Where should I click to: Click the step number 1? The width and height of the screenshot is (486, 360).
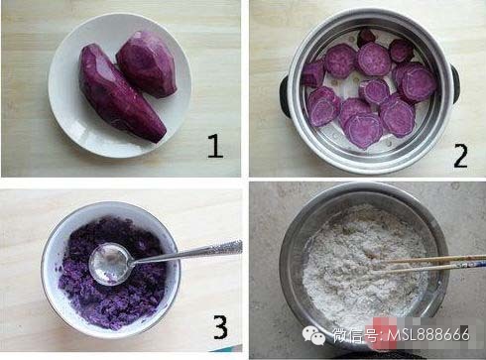[x=215, y=146]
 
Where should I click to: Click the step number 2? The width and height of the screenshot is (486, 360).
[x=460, y=156]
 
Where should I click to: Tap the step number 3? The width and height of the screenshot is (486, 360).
[x=220, y=326]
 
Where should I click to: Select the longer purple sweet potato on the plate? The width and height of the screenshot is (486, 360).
[x=121, y=92]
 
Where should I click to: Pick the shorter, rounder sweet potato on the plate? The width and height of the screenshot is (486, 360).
[x=147, y=64]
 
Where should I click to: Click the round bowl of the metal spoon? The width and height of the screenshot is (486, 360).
[x=110, y=264]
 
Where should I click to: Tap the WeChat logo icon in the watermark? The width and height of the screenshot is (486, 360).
[x=313, y=335]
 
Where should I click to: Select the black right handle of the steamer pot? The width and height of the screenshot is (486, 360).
[x=455, y=84]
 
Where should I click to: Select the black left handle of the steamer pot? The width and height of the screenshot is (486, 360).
[x=285, y=96]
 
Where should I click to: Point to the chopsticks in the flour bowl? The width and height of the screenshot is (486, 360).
[x=429, y=265]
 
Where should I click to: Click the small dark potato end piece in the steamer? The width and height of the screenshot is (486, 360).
[x=366, y=37]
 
